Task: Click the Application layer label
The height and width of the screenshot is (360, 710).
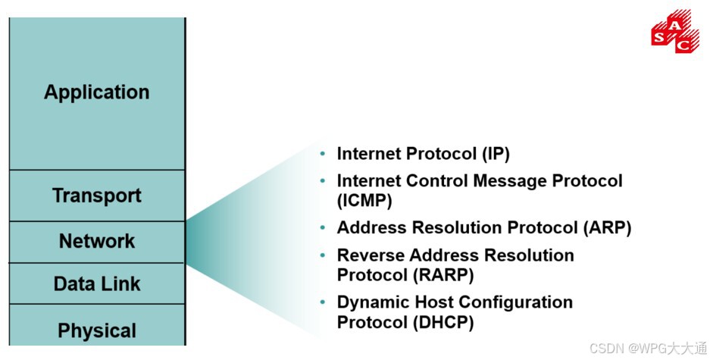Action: click(97, 92)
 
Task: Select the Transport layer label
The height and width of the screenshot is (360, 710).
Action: click(97, 196)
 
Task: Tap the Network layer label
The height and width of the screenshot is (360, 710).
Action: click(97, 241)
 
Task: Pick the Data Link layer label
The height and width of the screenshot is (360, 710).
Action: click(97, 284)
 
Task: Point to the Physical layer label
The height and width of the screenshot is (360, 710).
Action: click(97, 330)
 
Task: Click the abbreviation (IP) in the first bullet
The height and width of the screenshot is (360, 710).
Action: click(496, 154)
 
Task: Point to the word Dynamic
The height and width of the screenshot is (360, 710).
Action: click(371, 302)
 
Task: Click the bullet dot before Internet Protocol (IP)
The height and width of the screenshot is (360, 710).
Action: click(323, 154)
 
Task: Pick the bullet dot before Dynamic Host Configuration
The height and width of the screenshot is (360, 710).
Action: click(323, 302)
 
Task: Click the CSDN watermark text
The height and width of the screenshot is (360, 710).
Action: click(647, 349)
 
